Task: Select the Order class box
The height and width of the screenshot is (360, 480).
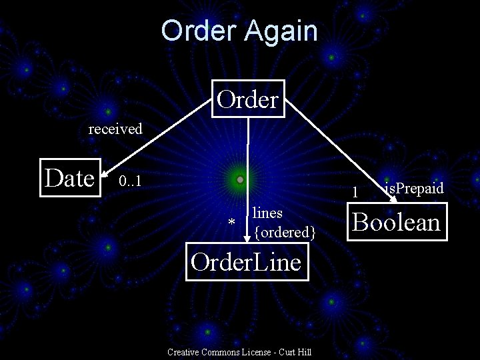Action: [x=247, y=99]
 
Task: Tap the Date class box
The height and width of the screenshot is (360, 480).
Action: [x=69, y=178]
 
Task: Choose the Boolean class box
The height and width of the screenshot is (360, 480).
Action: [x=396, y=221]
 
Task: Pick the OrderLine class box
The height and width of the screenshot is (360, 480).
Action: [x=246, y=262]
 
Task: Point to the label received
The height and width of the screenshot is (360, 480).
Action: [x=115, y=129]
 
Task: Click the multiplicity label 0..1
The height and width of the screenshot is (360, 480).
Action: [x=129, y=181]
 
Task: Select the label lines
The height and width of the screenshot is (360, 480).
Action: [x=267, y=213]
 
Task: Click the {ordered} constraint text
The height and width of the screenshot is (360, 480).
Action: [x=284, y=232]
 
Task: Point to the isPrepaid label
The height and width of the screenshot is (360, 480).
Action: [x=413, y=189]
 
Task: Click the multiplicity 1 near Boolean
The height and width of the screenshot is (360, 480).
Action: [x=356, y=193]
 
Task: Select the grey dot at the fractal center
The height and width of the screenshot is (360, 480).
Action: [x=240, y=180]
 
